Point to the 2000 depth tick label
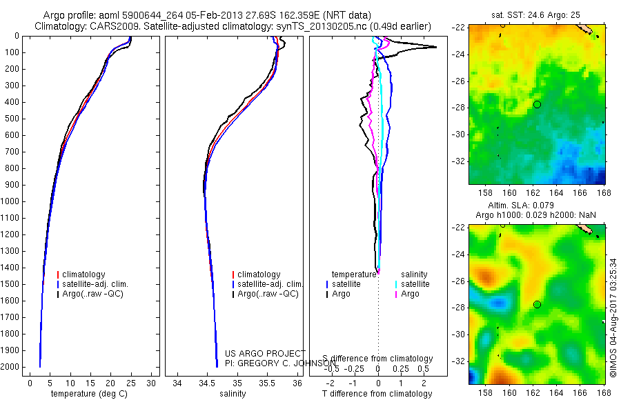11,367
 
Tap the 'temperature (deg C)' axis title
89,394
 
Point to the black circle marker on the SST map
537,104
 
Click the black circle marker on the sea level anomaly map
537,304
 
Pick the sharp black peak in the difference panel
435,47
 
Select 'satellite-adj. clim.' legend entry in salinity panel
270,284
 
